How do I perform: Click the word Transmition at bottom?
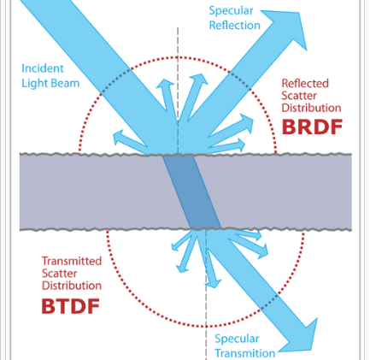[245, 352]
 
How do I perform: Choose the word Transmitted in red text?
[72, 261]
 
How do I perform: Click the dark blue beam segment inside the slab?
[191, 192]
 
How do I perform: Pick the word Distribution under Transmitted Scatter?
[73, 285]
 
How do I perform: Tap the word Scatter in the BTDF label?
[60, 273]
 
